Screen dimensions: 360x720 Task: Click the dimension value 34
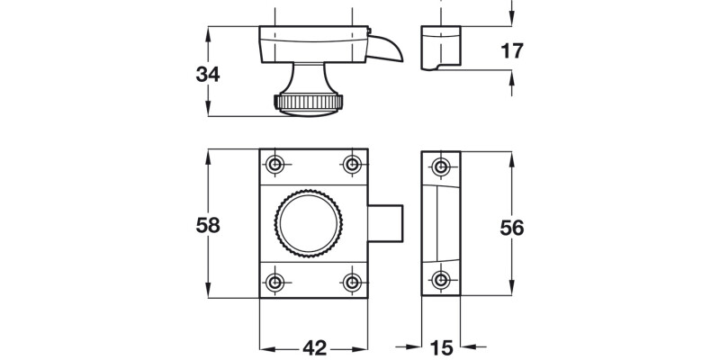(x=208, y=75)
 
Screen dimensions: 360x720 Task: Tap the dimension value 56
(x=512, y=228)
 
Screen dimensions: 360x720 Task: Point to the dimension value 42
(x=313, y=346)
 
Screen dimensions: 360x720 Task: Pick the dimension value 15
(x=441, y=346)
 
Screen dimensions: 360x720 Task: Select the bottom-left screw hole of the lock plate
(x=275, y=282)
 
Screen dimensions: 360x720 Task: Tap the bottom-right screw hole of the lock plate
(x=352, y=282)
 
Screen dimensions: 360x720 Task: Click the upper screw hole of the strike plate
(x=440, y=166)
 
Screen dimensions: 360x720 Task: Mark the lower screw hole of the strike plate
(x=440, y=281)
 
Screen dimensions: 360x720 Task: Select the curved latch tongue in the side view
(x=389, y=49)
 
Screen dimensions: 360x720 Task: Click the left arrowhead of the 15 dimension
(x=417, y=346)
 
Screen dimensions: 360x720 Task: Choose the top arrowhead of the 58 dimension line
(x=208, y=154)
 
